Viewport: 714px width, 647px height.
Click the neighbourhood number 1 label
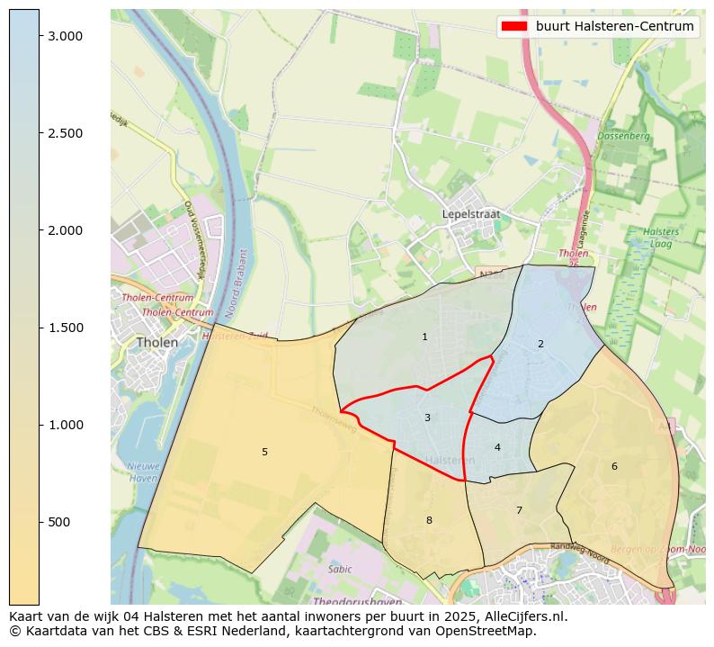coord(424,337)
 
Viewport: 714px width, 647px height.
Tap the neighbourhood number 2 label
coord(540,344)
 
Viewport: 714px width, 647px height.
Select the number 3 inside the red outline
coord(427,418)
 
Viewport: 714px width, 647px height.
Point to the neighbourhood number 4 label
coord(497,447)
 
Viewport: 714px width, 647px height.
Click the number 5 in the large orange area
coord(264,452)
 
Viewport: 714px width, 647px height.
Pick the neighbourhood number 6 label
coord(614,466)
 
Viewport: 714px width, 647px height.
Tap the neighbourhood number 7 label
coord(519,510)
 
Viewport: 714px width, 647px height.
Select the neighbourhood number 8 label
coord(429,520)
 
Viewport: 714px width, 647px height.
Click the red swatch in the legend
coord(514,27)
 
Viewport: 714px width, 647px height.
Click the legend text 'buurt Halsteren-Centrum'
coord(614,27)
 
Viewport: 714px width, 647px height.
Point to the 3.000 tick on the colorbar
coord(65,36)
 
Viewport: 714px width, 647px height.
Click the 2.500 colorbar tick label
coord(65,133)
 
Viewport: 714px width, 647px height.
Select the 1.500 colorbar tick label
coord(65,328)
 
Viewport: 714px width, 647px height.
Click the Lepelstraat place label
coord(470,214)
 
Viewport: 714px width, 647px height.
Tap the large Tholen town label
coord(156,343)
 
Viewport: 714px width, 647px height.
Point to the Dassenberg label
coord(623,136)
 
